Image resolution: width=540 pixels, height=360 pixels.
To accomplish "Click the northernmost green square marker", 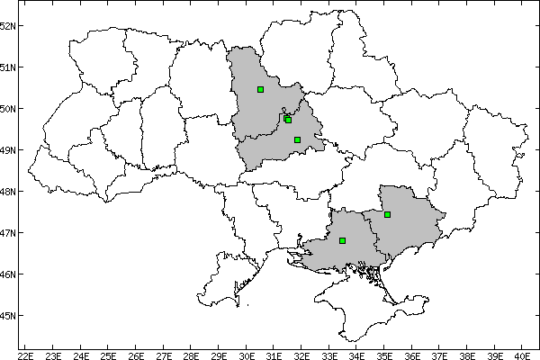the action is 260,89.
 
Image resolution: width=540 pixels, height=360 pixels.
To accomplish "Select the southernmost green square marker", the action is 342,240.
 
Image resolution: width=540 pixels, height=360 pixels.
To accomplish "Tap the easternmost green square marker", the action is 387,214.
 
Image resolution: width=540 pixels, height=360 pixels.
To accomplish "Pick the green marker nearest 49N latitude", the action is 297,139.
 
